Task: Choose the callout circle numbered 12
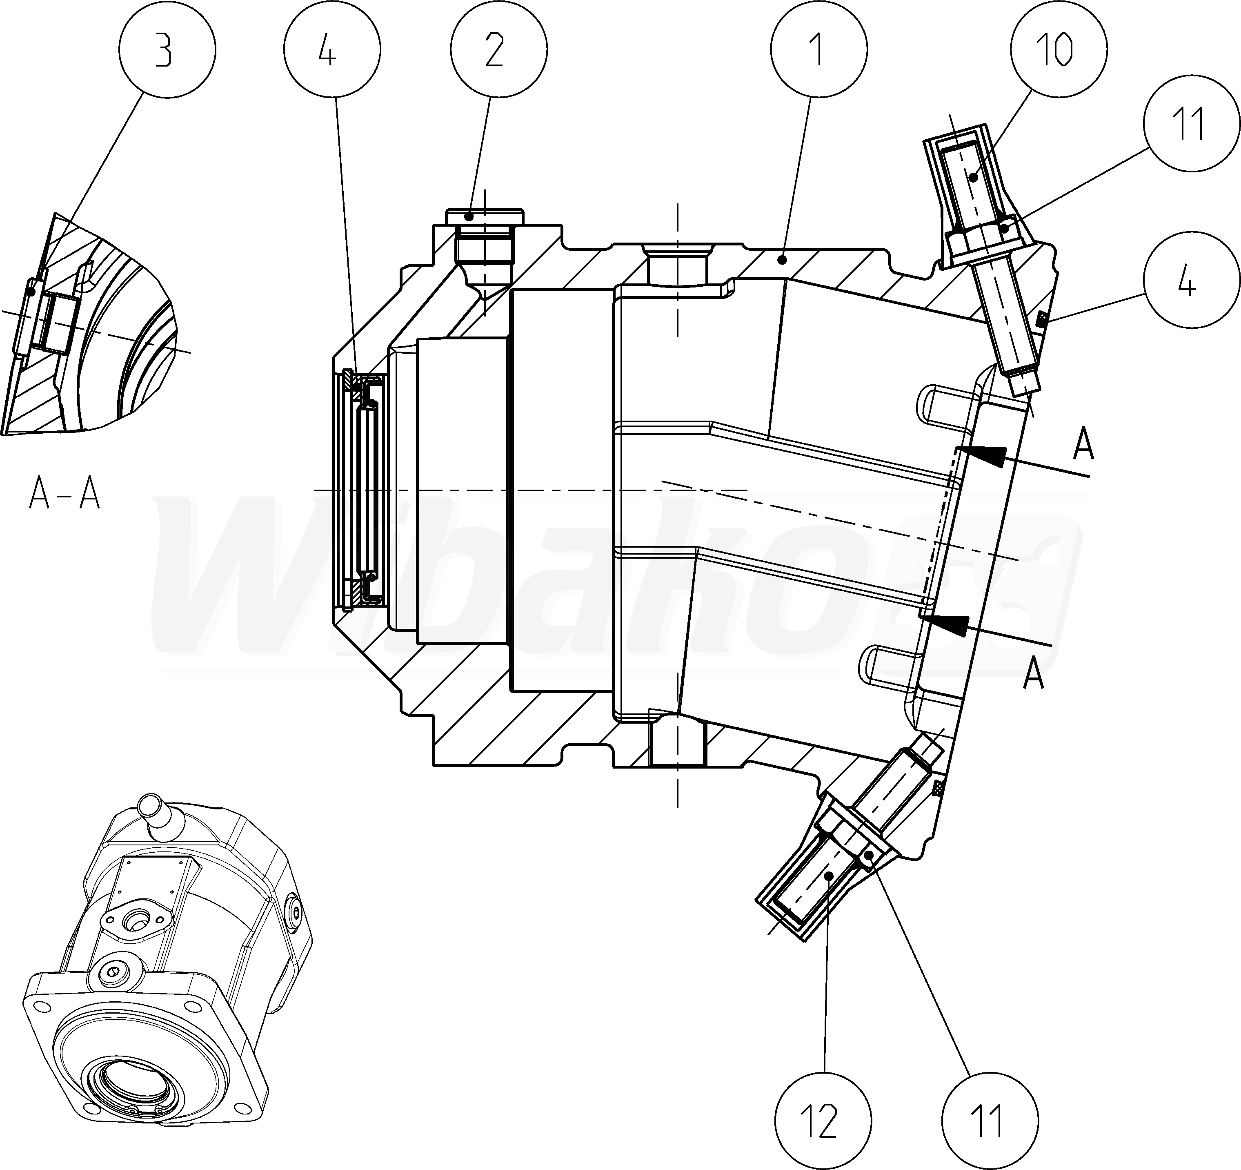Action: pos(822,1121)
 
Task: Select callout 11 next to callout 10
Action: pos(1192,123)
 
